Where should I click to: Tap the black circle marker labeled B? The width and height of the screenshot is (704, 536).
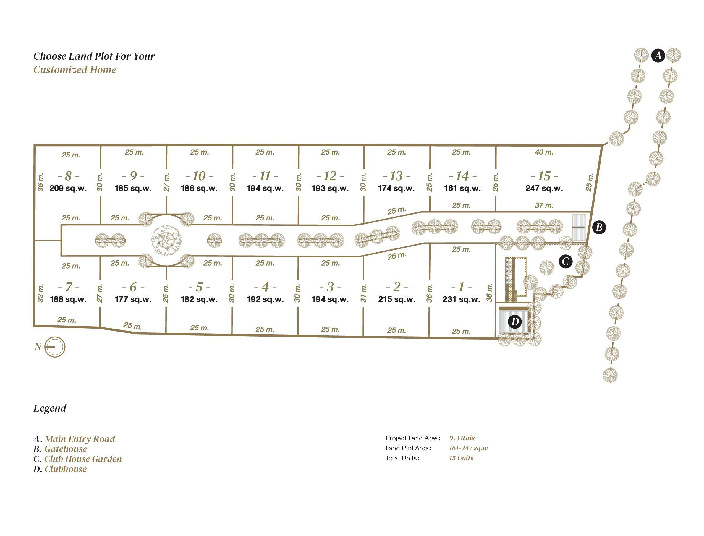click(x=599, y=228)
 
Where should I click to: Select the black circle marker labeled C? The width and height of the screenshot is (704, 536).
click(x=565, y=261)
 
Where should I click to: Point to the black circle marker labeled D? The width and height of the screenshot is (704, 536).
click(x=515, y=321)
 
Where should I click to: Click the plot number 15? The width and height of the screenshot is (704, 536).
click(x=544, y=176)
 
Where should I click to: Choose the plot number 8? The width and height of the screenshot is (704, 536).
click(x=68, y=176)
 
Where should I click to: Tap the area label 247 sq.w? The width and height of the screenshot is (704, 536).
click(x=544, y=188)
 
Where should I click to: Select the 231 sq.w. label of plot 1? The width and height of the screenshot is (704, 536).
click(x=461, y=299)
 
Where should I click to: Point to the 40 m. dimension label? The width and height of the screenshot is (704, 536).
click(x=544, y=152)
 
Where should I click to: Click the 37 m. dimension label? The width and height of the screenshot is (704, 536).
click(x=544, y=205)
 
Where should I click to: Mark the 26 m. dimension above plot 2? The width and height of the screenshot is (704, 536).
click(x=397, y=256)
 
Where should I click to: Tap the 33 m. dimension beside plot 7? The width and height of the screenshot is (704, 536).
click(x=40, y=293)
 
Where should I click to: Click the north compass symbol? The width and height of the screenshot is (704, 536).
click(x=55, y=347)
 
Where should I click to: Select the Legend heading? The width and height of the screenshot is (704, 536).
click(x=50, y=408)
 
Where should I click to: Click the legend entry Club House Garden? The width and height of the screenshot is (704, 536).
click(x=83, y=459)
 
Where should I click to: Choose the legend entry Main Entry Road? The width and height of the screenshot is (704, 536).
click(x=80, y=439)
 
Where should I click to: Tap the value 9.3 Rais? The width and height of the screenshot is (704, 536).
click(x=462, y=438)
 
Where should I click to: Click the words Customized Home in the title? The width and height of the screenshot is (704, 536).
click(x=75, y=70)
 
